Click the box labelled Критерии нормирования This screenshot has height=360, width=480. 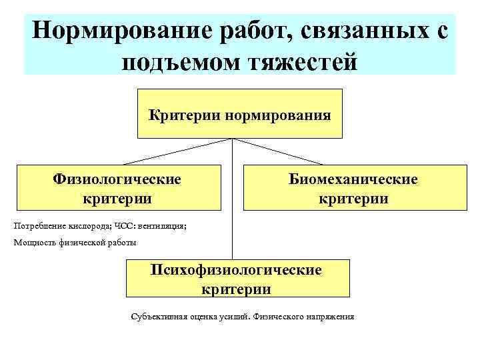pos(239,114)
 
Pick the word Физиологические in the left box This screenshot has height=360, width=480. pos(117,179)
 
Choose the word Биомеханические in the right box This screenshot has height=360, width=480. pos(353,179)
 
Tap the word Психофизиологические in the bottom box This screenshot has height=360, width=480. pos(236,270)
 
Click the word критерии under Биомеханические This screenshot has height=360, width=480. pos(353,199)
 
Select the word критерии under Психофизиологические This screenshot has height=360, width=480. pos(236,289)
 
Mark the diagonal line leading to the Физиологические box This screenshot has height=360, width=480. pos(177,151)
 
